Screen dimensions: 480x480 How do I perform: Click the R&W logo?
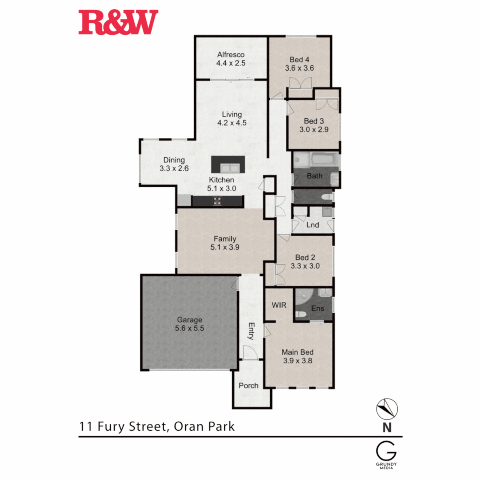[118, 23]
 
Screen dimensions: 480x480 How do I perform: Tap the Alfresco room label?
[231, 55]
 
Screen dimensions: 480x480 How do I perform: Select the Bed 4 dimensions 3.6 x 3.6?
[299, 68]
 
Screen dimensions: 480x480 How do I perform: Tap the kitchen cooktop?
[218, 201]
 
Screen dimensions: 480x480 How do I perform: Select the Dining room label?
[174, 160]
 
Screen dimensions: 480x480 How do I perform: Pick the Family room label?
[225, 239]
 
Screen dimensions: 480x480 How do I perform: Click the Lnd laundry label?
[313, 225]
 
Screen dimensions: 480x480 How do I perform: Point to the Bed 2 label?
[305, 258]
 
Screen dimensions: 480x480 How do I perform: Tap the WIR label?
[279, 305]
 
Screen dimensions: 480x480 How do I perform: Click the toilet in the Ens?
[301, 315]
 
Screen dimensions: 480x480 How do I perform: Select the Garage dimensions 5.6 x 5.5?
[190, 328]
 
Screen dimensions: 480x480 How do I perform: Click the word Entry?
[251, 331]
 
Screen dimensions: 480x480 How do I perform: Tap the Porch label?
[248, 385]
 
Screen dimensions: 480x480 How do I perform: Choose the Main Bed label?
[298, 352]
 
